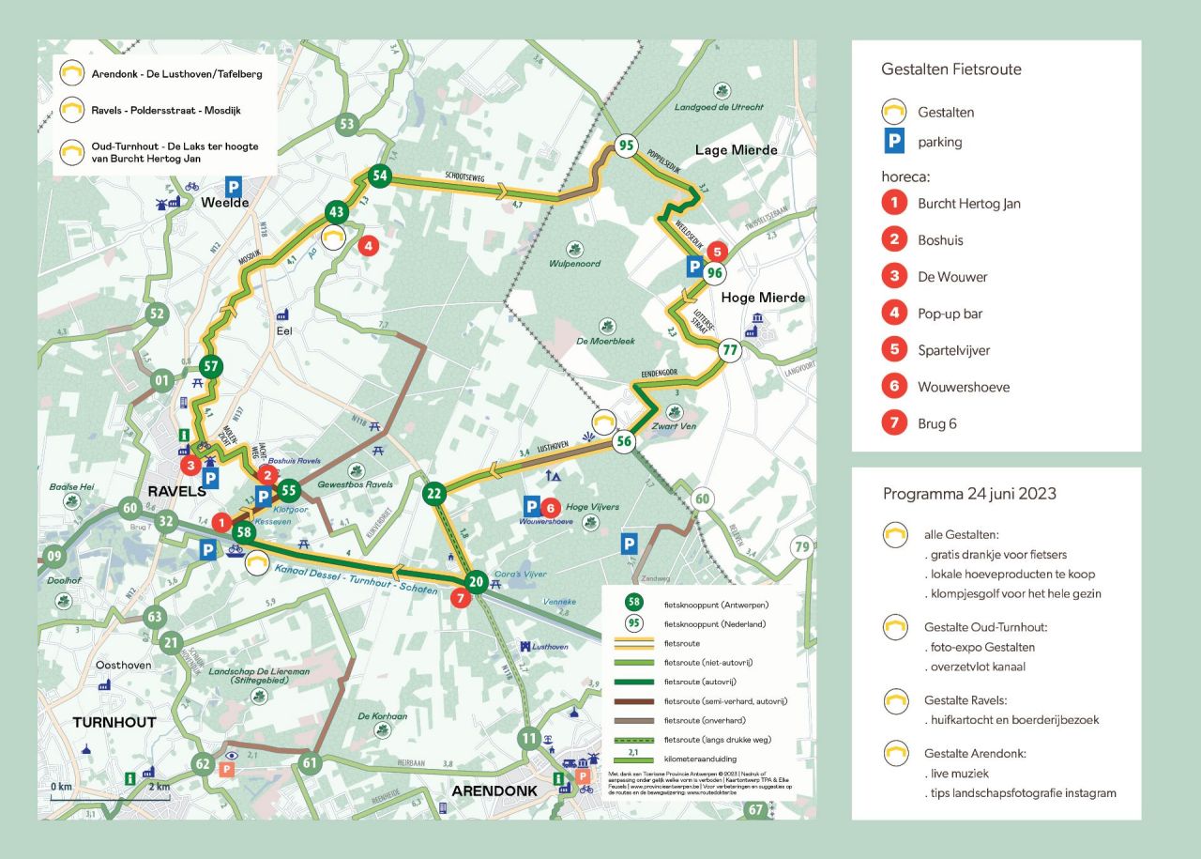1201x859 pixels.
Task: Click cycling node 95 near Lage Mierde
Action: point(627,146)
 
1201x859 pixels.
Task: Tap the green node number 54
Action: point(379,175)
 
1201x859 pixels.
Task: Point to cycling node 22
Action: point(433,493)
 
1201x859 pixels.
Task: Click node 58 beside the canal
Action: point(243,531)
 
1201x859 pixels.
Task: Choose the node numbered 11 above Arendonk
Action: point(530,737)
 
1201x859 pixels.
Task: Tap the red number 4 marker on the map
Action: point(368,246)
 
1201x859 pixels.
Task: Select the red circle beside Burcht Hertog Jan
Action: point(894,203)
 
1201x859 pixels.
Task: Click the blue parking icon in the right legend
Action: point(894,142)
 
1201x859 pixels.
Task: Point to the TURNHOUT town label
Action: point(114,722)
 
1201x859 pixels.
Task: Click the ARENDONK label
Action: point(494,791)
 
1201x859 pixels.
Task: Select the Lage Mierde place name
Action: point(736,150)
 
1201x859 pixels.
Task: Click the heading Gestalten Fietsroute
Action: point(951,69)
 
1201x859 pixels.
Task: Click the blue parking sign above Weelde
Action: point(233,187)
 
